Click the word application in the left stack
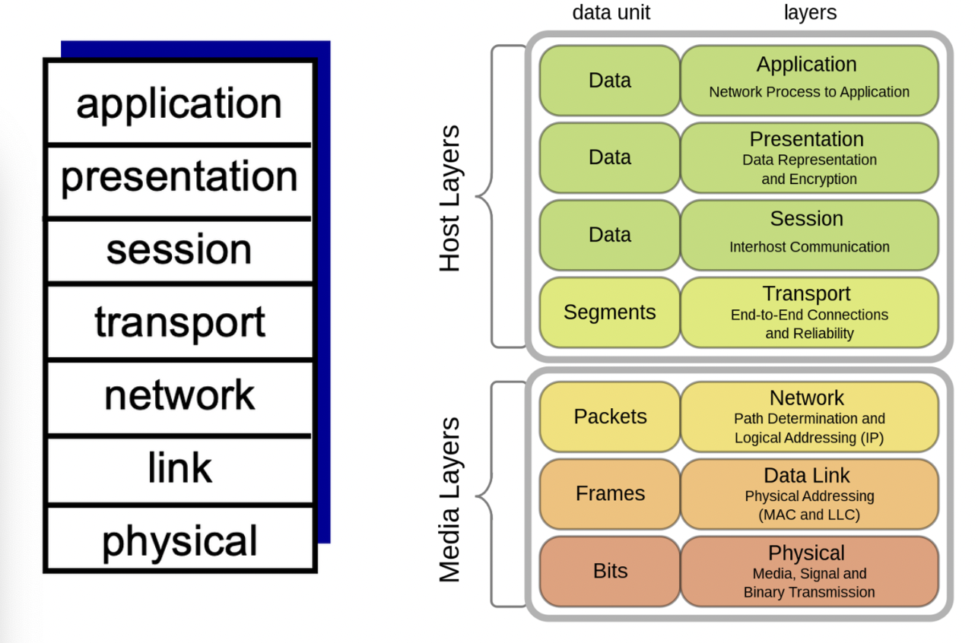pos(179,103)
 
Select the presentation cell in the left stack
pos(179,177)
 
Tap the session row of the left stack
pos(179,249)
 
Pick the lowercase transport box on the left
pos(179,322)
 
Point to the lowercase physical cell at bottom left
pos(179,540)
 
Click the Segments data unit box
pos(609,312)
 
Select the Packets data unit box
pos(610,417)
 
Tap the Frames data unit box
pos(610,493)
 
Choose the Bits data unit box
pos(610,571)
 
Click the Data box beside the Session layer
pos(610,235)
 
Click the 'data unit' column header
pos(611,13)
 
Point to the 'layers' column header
pos(810,13)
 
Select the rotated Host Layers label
pos(450,198)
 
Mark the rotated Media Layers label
pos(450,499)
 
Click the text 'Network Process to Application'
pos(809,92)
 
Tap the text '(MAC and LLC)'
pos(809,515)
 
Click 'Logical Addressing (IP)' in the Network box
pos(809,438)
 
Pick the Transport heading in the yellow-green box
pos(806,293)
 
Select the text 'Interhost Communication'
pos(809,247)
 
